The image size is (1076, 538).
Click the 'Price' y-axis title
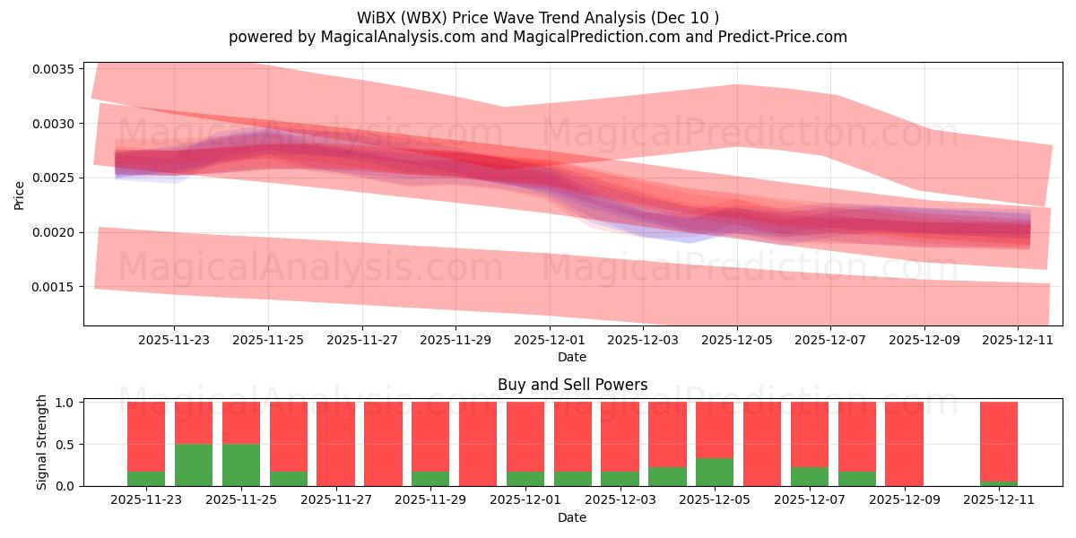point(20,194)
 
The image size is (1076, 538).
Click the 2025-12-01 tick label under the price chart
point(549,341)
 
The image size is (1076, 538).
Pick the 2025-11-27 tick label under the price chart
point(361,341)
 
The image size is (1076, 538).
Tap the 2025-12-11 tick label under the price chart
point(1017,341)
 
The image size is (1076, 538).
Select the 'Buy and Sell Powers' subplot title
point(572,385)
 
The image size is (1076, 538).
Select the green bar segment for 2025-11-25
point(241,464)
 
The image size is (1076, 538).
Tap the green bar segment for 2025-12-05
point(715,472)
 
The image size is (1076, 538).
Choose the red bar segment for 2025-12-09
point(904,444)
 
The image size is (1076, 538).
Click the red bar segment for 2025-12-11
point(999,439)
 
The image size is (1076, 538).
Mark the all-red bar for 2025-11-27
point(335,444)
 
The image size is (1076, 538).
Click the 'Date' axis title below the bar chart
point(572,517)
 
